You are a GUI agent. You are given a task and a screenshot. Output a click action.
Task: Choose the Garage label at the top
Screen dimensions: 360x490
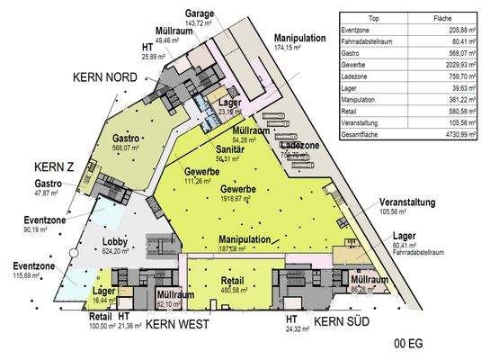pos(199,14)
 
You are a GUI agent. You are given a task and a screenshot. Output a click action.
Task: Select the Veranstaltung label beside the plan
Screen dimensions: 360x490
pos(407,202)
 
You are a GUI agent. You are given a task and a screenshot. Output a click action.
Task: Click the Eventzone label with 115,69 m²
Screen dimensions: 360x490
pos(32,266)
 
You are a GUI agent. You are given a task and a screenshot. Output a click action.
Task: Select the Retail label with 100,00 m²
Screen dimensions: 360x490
pos(102,317)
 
